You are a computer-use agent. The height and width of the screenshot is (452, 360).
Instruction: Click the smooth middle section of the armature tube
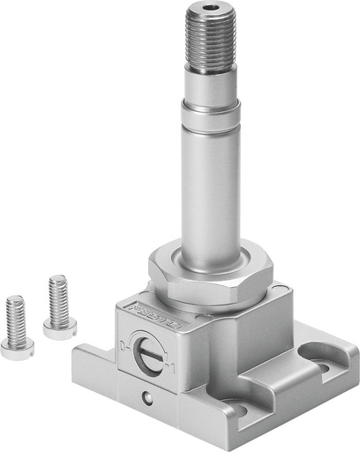tap(209, 177)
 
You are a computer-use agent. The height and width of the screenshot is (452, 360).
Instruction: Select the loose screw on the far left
tap(16, 329)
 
